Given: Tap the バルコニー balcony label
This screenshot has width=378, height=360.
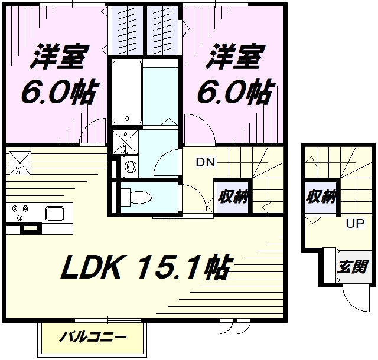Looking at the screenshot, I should [x=93, y=338].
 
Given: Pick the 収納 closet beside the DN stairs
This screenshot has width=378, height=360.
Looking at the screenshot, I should [x=231, y=197].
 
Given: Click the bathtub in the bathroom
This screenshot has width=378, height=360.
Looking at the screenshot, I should [x=126, y=91].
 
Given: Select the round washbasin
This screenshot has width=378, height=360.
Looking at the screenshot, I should [x=130, y=168].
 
